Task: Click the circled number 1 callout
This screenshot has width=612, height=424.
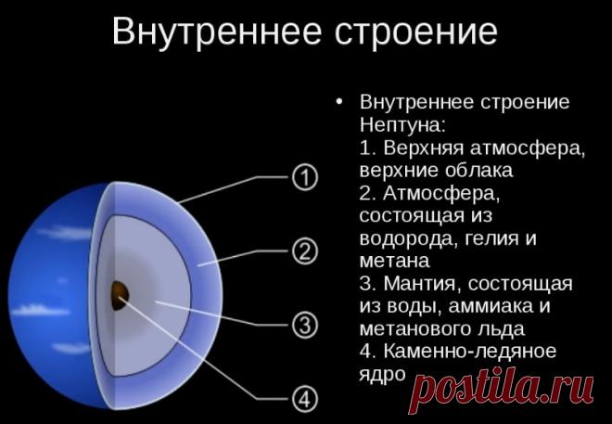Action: (304, 176)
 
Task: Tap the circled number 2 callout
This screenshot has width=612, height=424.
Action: (304, 251)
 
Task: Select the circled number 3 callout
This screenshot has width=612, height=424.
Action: (304, 325)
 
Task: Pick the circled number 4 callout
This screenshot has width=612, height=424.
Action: (304, 400)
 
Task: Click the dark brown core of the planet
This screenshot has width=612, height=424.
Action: (120, 294)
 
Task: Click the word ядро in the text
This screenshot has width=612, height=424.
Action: (382, 374)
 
